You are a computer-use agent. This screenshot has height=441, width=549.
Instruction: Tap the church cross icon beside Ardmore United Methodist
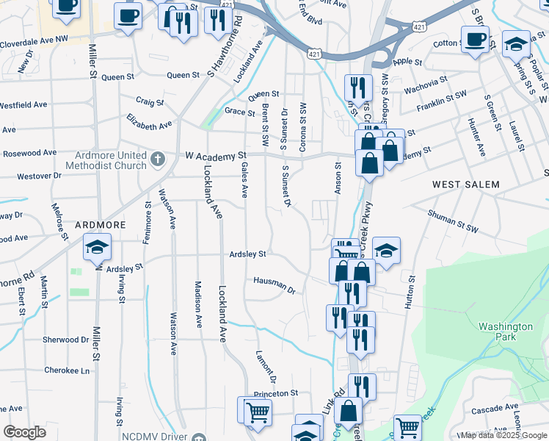[x=157, y=159]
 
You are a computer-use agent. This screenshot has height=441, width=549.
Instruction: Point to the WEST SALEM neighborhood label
[x=465, y=184]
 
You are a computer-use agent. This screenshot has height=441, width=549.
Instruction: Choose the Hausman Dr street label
[x=274, y=285]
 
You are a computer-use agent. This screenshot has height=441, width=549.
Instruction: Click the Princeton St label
[x=276, y=393]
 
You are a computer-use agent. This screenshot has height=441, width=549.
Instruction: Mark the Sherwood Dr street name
[x=65, y=340]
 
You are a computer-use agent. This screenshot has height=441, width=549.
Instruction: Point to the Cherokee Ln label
[x=66, y=370]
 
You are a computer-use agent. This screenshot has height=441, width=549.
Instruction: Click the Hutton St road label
[x=410, y=291]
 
